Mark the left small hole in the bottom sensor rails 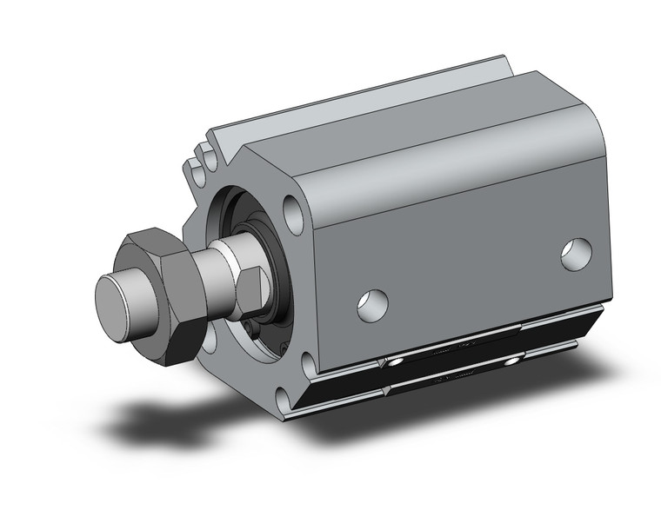pyautogui.click(x=397, y=361)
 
